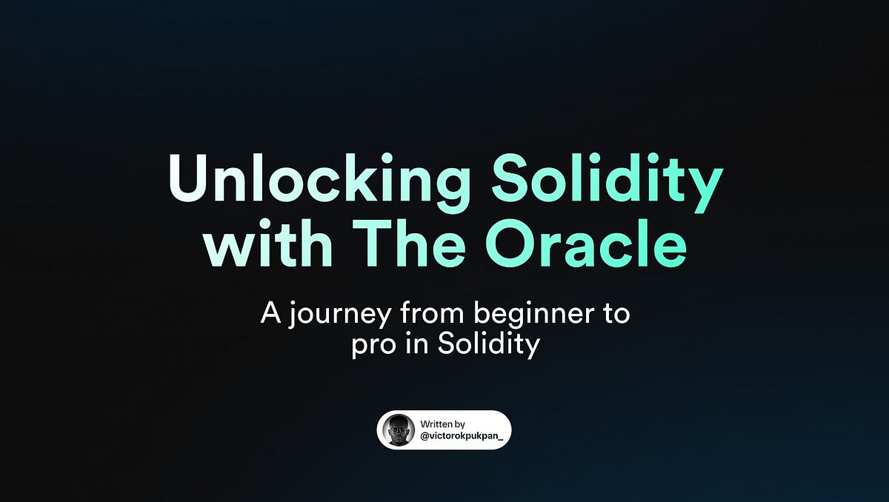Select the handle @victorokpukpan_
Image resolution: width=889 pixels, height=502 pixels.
465,436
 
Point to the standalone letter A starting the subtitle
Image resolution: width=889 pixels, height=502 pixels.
270,313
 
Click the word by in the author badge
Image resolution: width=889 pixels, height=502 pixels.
459,425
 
